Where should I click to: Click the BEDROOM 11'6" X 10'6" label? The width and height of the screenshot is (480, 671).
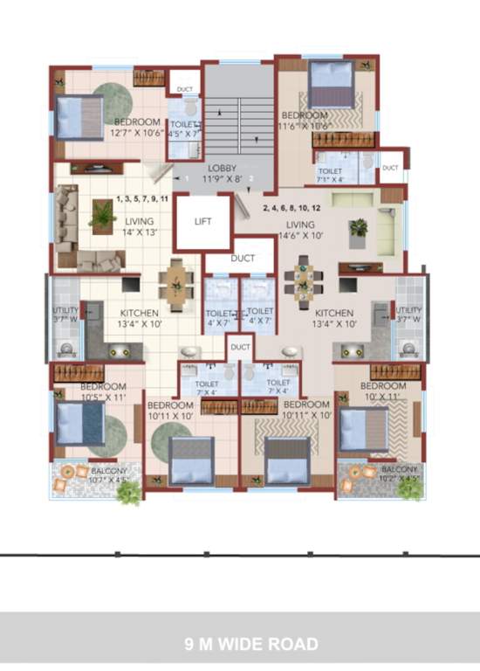(x=305, y=121)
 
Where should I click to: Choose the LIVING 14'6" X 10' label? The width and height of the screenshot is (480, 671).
(x=302, y=230)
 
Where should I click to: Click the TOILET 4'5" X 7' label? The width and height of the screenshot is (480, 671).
(x=183, y=130)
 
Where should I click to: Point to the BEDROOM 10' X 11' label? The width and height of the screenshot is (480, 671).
(x=383, y=391)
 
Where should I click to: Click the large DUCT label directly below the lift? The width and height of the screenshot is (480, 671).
(x=243, y=259)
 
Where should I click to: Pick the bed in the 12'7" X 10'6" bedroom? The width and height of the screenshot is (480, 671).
(x=79, y=116)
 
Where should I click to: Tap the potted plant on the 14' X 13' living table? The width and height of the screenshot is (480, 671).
(x=102, y=213)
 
